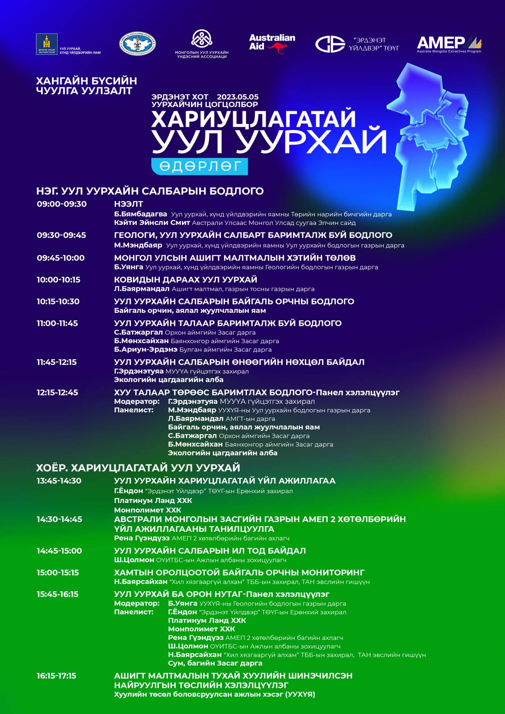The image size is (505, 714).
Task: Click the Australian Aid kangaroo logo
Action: (x=272, y=44)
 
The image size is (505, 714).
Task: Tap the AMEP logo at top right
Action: (x=449, y=44)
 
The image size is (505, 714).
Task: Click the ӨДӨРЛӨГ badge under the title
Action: (x=200, y=166)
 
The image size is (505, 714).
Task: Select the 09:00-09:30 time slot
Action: (x=62, y=204)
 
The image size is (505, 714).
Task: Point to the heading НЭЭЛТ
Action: (x=129, y=204)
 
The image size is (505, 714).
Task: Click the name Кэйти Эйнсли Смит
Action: (x=152, y=222)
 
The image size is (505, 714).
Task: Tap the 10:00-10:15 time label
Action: (x=58, y=280)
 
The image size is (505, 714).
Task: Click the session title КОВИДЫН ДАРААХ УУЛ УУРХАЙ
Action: (x=185, y=280)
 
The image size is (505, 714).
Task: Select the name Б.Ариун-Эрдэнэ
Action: (x=146, y=349)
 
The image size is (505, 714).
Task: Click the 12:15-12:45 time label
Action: (x=57, y=393)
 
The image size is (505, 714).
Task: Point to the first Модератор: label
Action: (x=137, y=402)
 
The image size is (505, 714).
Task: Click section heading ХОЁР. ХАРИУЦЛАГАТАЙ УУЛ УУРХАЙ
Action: (x=138, y=468)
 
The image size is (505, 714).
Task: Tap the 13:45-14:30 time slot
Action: (x=59, y=481)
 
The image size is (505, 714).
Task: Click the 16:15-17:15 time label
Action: (x=56, y=676)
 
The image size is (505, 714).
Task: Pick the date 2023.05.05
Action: (x=238, y=97)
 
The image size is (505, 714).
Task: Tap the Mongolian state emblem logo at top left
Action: (x=47, y=44)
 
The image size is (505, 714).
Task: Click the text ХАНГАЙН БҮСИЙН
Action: (x=86, y=81)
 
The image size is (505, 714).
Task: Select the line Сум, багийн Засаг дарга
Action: (x=215, y=663)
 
